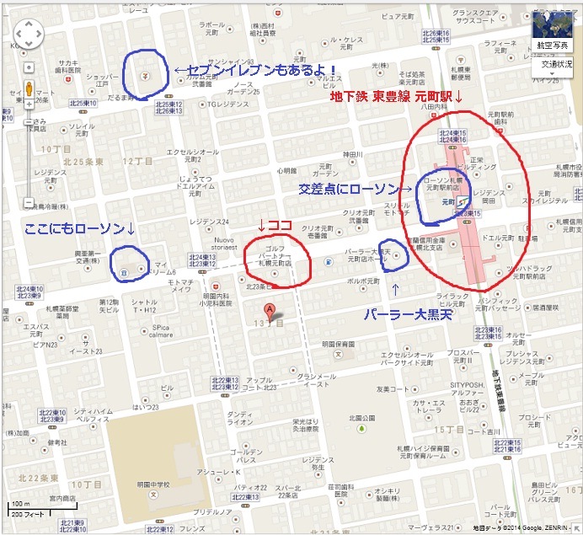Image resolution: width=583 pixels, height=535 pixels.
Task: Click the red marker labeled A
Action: [x=270, y=309]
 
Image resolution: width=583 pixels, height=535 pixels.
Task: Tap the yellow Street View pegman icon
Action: [x=29, y=88]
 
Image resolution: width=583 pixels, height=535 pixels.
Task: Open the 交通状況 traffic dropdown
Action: [x=556, y=64]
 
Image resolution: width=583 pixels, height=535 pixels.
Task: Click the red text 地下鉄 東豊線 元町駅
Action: [x=397, y=97]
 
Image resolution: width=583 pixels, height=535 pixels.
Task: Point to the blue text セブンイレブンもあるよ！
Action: [x=256, y=69]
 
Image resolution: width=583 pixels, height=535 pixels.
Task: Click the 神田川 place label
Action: [x=351, y=154]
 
